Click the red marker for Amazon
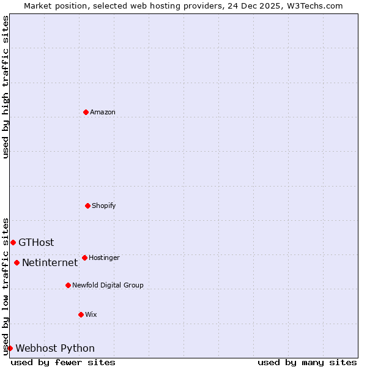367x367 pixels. pos(86,112)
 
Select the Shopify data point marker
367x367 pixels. pos(87,206)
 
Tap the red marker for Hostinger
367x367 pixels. pos(84,258)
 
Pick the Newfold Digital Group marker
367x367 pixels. pos(68,285)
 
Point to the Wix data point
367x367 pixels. pos(81,314)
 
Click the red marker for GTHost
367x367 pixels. pos(13,242)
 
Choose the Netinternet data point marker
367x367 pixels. pos(17,263)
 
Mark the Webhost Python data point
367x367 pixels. pos(10,348)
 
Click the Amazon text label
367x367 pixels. pos(103,112)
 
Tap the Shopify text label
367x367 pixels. pos(104,206)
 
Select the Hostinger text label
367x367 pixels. pos(104,258)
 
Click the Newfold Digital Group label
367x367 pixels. pos(108,285)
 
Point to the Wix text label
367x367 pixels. pos(91,314)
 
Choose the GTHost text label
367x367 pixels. pos(36,242)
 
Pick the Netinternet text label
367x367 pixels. pos(50,263)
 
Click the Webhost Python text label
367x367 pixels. pos(55,348)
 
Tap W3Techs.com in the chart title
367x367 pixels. pos(314,6)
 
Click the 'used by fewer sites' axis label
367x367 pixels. pos(63,362)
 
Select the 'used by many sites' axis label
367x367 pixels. pos(307,362)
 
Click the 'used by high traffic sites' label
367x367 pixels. pos(6,87)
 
